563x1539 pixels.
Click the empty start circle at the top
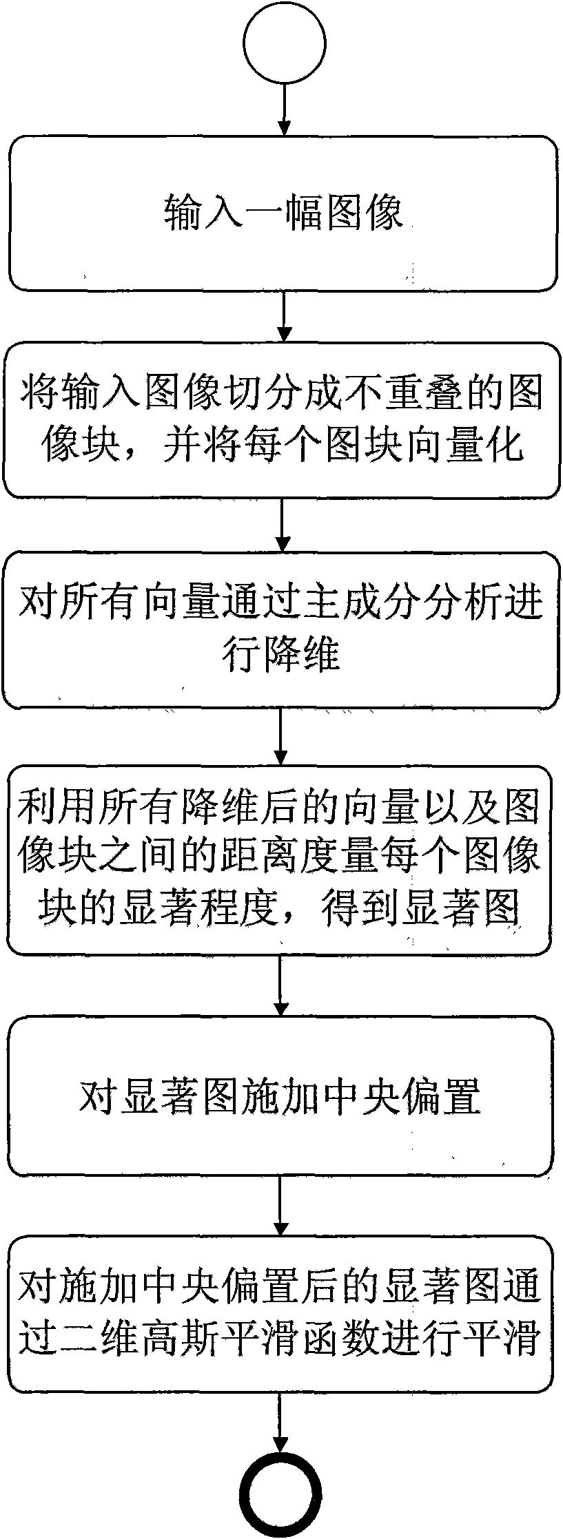pyautogui.click(x=281, y=43)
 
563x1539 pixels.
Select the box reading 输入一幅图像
pyautogui.click(x=281, y=212)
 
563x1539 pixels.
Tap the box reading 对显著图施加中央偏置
pyautogui.click(x=281, y=1096)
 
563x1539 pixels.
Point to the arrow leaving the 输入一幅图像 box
pyautogui.click(x=281, y=315)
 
